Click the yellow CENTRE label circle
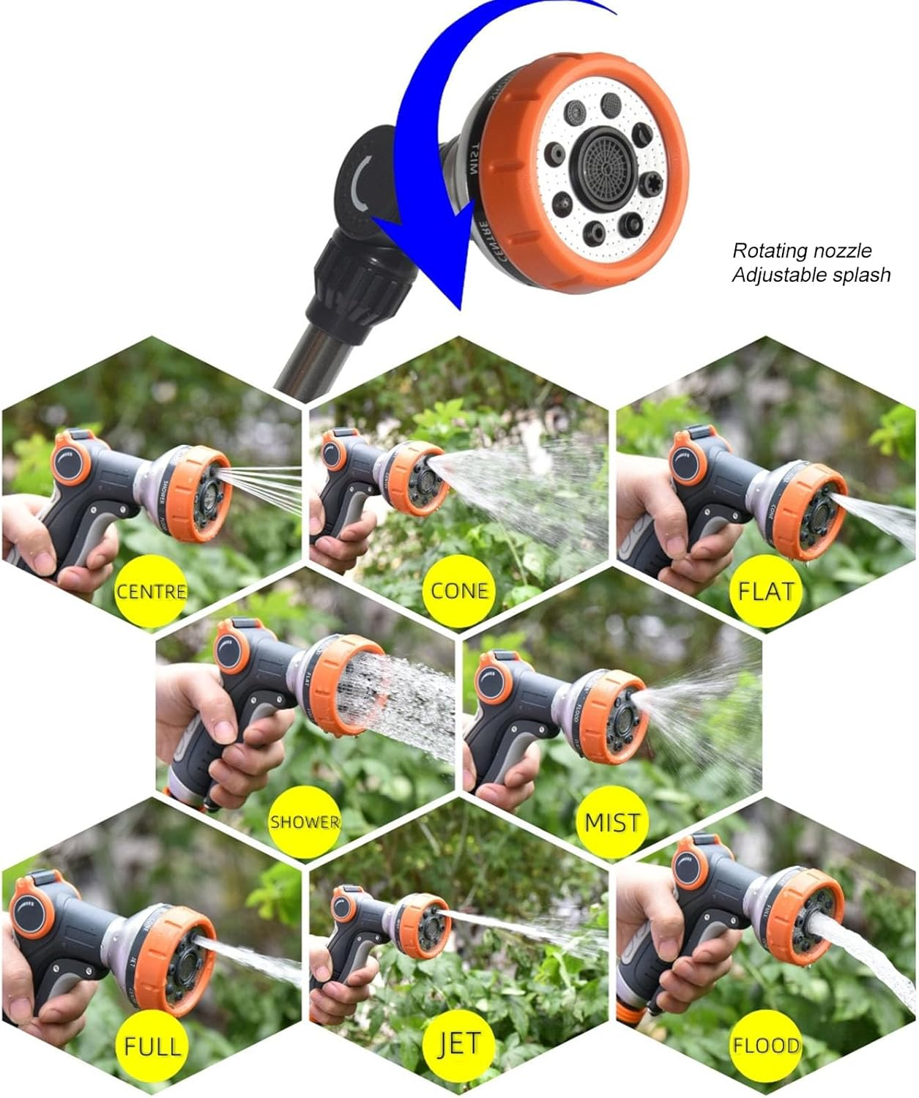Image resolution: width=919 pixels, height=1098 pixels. coord(152,590)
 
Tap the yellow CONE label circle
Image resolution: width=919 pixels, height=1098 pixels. coord(458,590)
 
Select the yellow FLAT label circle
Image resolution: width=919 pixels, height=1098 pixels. coord(765,590)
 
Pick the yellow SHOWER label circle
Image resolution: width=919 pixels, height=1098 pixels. coord(305,821)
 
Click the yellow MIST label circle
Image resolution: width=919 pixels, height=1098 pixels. coord(612,821)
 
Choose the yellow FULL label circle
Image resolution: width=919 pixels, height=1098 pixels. coord(152,1045)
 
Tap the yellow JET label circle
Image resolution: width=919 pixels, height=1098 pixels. coord(458,1045)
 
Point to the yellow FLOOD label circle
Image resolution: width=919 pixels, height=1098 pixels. coord(765,1045)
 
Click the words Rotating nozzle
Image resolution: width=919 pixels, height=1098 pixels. coord(802,251)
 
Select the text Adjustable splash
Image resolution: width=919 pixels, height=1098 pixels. coord(811,275)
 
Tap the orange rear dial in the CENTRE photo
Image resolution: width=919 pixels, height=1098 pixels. coord(71,460)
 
